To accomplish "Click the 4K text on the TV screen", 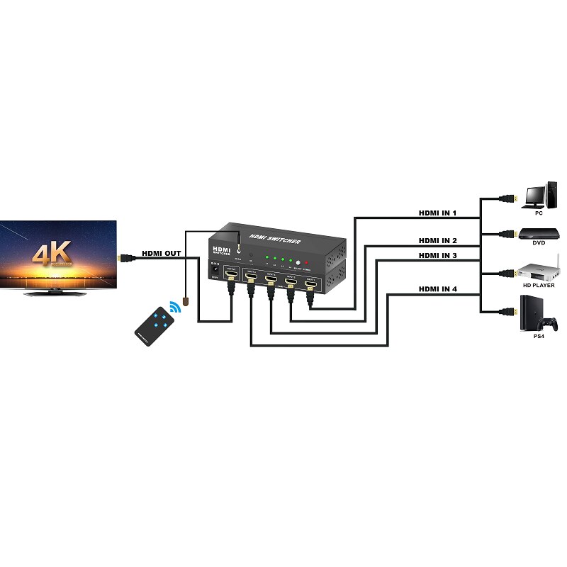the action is click(x=51, y=253).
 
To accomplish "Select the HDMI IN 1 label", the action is click(x=437, y=213).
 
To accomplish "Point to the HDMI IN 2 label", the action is click(x=437, y=241).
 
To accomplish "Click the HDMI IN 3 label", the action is click(x=437, y=255).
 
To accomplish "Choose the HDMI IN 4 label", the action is click(x=437, y=288).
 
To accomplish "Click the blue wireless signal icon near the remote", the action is click(x=174, y=308).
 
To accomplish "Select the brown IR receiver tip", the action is click(x=185, y=303).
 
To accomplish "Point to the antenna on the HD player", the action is click(x=558, y=262).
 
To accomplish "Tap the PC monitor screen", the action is click(x=534, y=192).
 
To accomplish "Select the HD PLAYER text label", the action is click(x=539, y=285).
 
